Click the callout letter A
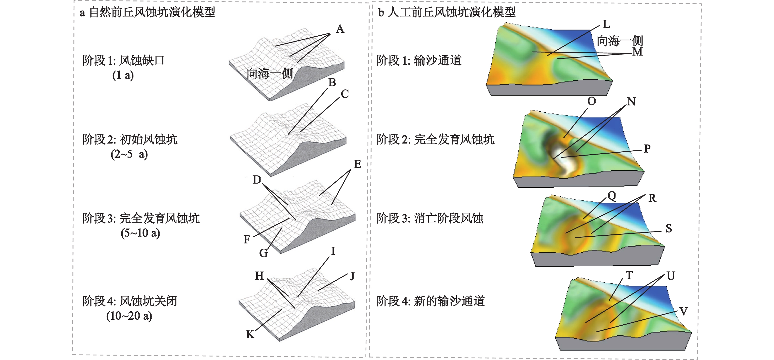pyautogui.click(x=340, y=29)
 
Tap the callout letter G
pyautogui.click(x=263, y=253)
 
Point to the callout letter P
pyautogui.click(x=647, y=149)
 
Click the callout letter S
pyautogui.click(x=669, y=228)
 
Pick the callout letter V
pyautogui.click(x=684, y=311)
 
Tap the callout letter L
pyautogui.click(x=606, y=24)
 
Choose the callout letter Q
pyautogui.click(x=612, y=196)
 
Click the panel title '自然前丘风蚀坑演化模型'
pyautogui.click(x=152, y=12)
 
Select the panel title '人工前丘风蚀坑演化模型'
pyautogui.click(x=451, y=12)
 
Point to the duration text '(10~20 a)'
pyautogui.click(x=129, y=316)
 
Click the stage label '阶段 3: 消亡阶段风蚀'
pyautogui.click(x=430, y=218)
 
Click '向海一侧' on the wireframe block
pyautogui.click(x=270, y=73)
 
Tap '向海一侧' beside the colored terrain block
pyautogui.click(x=619, y=41)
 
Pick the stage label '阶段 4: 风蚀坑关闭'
pyautogui.click(x=130, y=301)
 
